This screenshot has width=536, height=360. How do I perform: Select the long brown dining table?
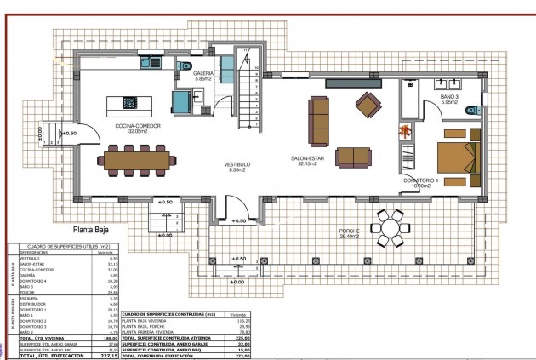(139, 158)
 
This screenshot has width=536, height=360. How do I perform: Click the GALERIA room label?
(203, 75)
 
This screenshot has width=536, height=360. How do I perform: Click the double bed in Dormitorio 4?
(458, 159)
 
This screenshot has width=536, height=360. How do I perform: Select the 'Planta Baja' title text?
(94, 229)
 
